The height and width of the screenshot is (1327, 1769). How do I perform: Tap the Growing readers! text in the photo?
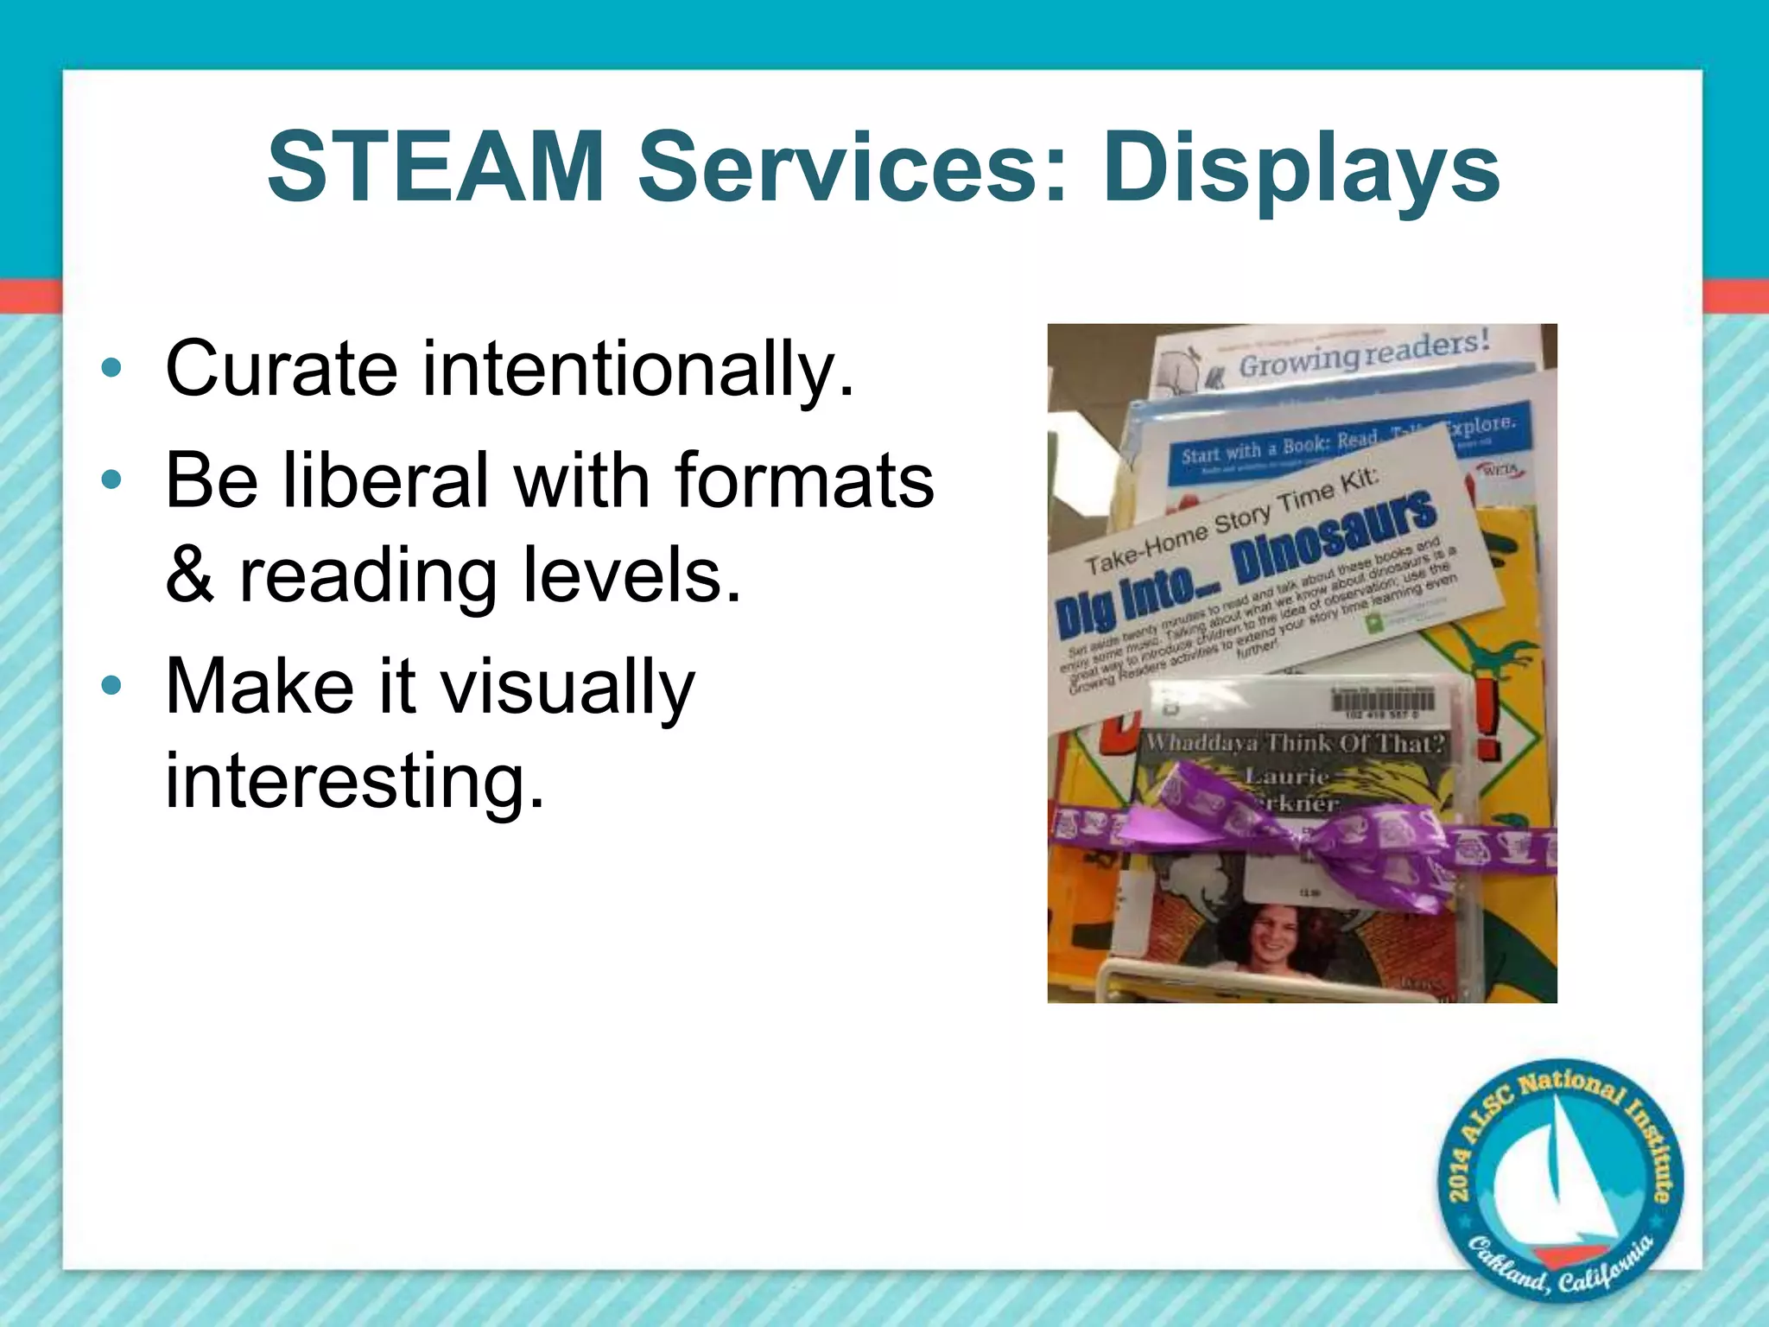tap(1365, 354)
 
